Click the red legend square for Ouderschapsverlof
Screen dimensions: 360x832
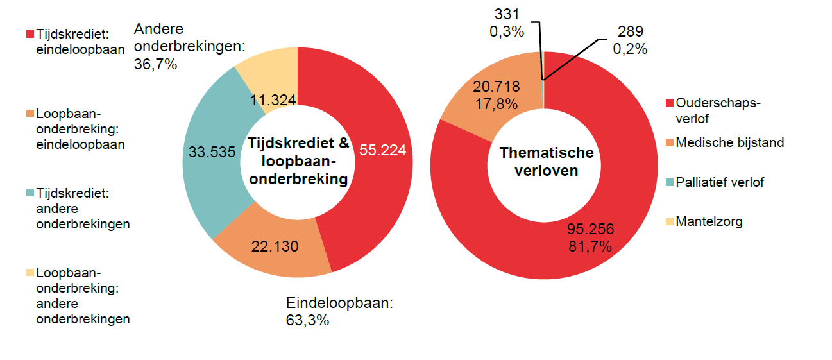(x=670, y=103)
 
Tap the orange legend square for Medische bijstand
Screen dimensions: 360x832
(x=670, y=142)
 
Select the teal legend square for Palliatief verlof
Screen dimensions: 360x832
(x=670, y=182)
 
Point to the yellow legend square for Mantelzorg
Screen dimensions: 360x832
(x=670, y=222)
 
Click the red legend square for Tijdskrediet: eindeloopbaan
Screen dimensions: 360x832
(x=30, y=33)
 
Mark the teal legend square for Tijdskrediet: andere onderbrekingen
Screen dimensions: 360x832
(x=30, y=193)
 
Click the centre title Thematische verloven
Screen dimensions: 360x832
(x=547, y=162)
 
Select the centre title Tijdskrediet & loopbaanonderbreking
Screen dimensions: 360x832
(x=298, y=161)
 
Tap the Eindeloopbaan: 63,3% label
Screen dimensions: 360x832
(x=339, y=311)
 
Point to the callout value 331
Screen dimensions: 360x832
(x=507, y=13)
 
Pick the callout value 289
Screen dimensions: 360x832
(x=630, y=31)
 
